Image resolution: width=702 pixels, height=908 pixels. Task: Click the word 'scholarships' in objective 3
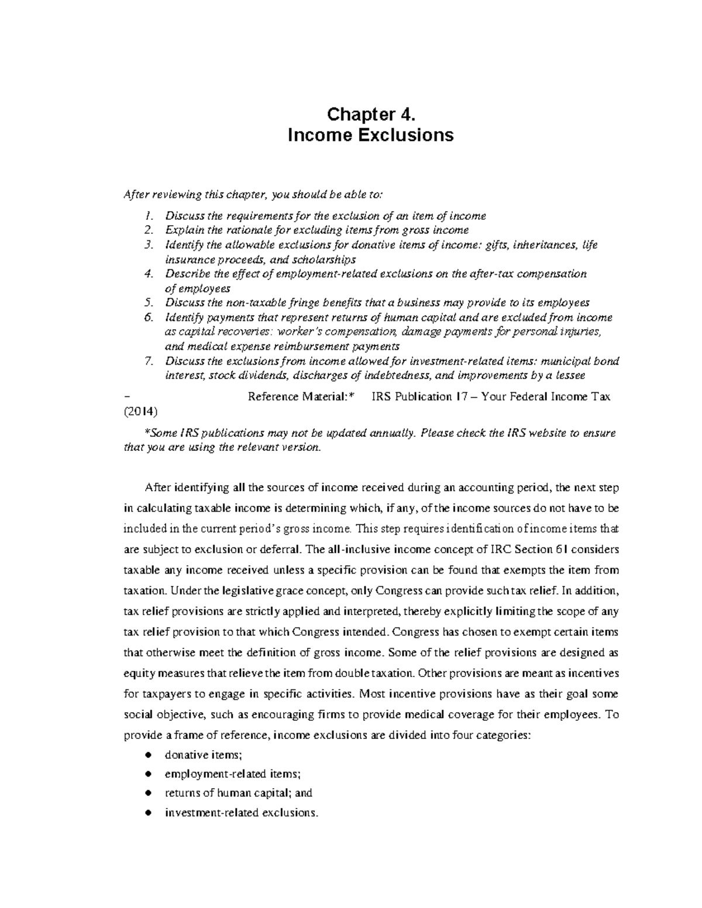tap(327, 259)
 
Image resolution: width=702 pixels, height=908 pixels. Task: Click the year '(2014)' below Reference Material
tap(140, 411)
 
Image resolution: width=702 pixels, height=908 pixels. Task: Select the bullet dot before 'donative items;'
tap(149, 755)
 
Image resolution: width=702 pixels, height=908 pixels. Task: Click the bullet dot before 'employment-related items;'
tap(149, 774)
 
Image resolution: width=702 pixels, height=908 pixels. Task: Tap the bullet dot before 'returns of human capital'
tap(149, 793)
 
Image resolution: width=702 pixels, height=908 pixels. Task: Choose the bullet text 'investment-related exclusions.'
tap(242, 813)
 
